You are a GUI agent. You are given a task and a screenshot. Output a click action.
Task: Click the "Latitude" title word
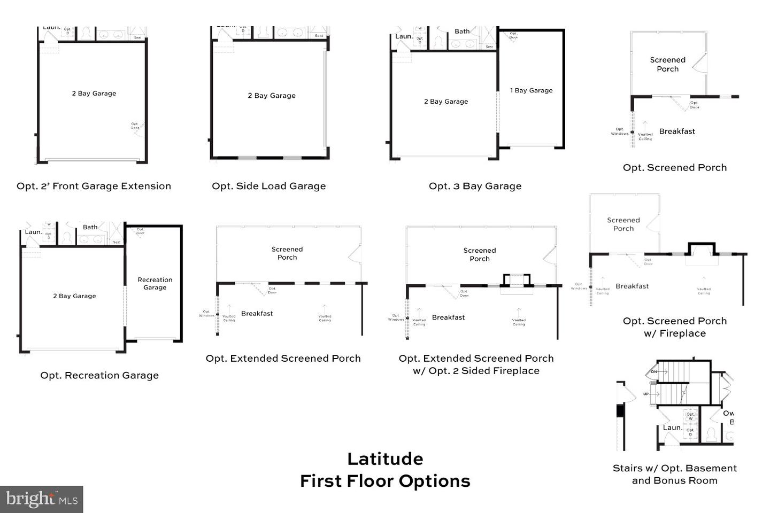coord(385,458)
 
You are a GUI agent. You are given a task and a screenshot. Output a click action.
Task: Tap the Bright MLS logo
coord(42,499)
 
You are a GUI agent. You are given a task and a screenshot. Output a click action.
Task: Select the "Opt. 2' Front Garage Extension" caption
coord(94,186)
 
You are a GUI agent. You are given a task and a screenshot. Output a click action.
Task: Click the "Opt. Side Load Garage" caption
coord(268,186)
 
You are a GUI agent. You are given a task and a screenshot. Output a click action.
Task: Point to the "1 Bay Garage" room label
coord(531,90)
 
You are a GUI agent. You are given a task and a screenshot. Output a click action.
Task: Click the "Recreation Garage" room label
coord(155,283)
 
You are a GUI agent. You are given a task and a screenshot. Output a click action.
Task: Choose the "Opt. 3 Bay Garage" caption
coord(475,186)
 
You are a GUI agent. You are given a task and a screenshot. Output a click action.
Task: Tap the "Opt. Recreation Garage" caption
coord(99,375)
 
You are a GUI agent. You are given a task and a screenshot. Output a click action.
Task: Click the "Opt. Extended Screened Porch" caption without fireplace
coord(283,358)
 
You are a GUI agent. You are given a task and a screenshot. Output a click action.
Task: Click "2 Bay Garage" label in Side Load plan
coord(272,96)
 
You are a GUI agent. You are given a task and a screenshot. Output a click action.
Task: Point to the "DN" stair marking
coord(653,371)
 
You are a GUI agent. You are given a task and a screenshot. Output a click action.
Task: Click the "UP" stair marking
coord(646,394)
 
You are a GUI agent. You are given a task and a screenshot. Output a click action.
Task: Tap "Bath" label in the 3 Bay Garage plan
coord(462,32)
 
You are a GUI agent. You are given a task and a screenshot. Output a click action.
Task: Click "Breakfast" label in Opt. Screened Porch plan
coord(677,131)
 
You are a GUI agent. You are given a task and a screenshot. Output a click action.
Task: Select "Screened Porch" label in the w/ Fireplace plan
coord(623,224)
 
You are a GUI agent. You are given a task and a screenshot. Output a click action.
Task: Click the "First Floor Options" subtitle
coord(385,481)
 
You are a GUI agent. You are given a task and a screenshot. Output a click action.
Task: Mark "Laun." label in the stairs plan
coord(672,428)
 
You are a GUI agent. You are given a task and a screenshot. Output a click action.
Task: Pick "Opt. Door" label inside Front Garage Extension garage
coord(135,126)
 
